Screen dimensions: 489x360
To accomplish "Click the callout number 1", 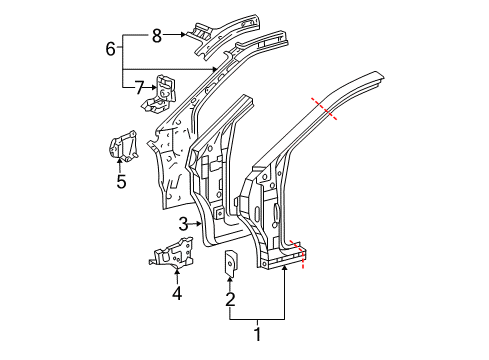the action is pos(257,334).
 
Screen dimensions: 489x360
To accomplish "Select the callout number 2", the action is pos(230,299).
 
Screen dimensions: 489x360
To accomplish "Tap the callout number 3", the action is pos(183,224).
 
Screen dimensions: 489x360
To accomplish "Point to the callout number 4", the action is pos(177,294).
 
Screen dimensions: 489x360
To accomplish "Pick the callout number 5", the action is pos(121,182).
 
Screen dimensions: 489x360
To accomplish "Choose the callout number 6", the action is pos(111,49).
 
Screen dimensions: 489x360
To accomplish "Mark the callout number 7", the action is pos(139,88).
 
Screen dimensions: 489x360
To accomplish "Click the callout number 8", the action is pos(157,35).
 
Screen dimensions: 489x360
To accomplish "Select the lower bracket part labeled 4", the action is pos(171,253).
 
